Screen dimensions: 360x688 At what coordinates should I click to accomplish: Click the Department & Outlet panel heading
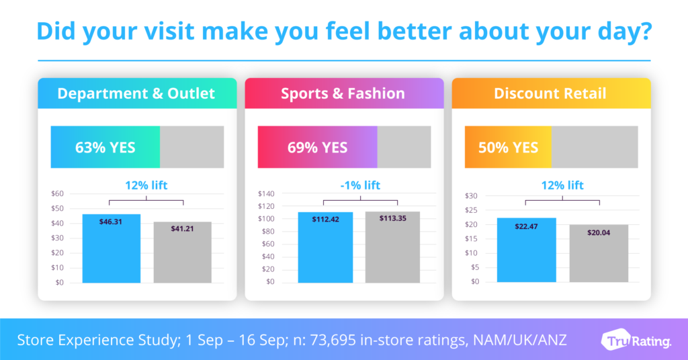tap(136, 93)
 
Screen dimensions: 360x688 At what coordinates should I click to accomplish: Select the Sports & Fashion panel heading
tap(343, 93)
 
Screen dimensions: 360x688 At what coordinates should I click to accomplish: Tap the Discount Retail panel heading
tap(550, 93)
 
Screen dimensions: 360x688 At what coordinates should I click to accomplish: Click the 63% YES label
tap(105, 147)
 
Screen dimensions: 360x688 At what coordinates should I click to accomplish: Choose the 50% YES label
tap(508, 147)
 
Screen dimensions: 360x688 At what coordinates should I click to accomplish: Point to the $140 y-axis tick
tap(266, 193)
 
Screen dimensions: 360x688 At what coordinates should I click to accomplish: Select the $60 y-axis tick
tap(58, 193)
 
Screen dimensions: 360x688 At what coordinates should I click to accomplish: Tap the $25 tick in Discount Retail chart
tap(472, 210)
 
